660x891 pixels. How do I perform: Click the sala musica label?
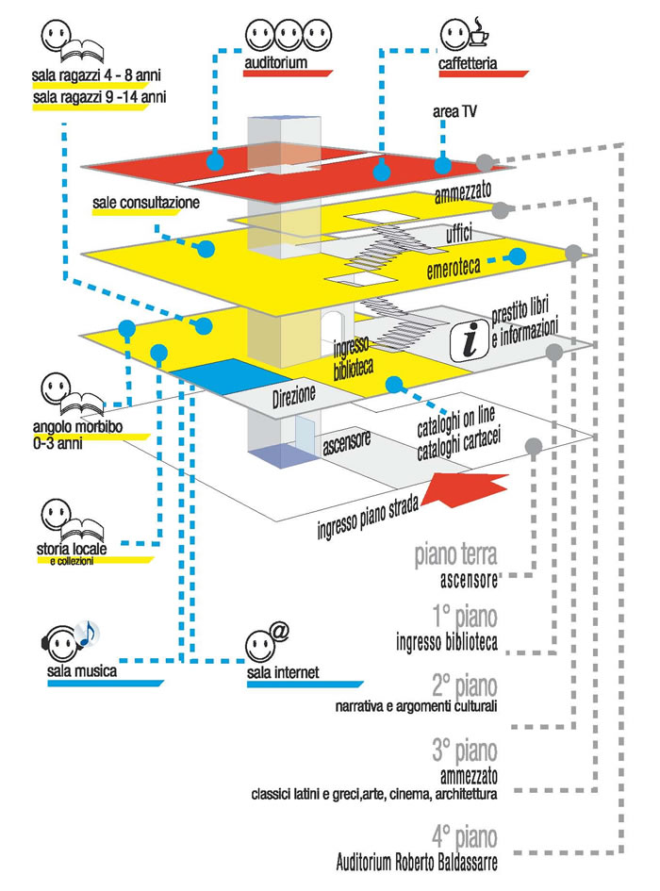(x=81, y=671)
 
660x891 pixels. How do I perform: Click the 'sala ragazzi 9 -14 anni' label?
(x=90, y=97)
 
